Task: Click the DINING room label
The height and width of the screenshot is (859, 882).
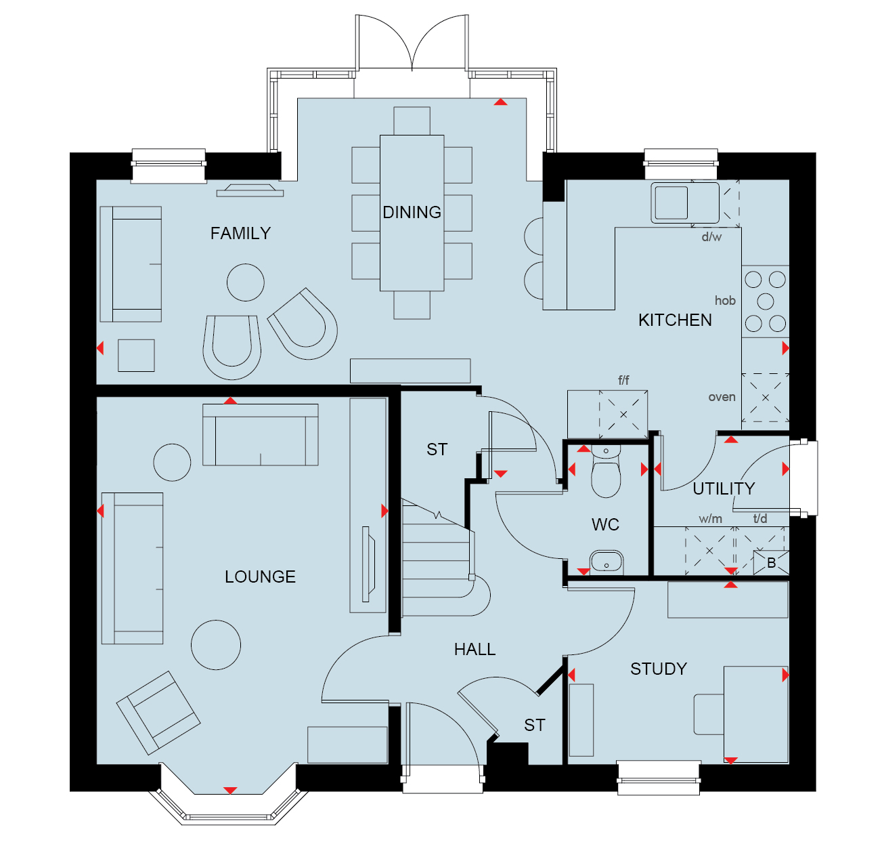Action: click(x=412, y=212)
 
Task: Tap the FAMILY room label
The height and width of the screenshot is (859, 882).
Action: click(x=240, y=233)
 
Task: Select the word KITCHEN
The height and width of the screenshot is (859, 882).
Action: click(x=675, y=320)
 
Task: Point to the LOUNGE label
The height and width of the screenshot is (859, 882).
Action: click(x=260, y=577)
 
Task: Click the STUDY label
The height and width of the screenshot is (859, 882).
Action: click(x=659, y=669)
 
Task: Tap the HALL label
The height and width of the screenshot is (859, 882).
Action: click(x=475, y=649)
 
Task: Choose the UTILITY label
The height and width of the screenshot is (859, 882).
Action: click(x=724, y=488)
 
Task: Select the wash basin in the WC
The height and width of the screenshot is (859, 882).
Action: click(x=606, y=563)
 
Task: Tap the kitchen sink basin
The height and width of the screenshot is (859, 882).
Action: click(x=671, y=203)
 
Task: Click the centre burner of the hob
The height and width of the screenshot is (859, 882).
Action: click(x=765, y=301)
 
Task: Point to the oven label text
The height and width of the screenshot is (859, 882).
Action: click(x=722, y=397)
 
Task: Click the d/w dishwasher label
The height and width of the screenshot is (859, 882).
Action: click(x=711, y=236)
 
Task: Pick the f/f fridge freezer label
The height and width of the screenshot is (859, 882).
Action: click(x=623, y=379)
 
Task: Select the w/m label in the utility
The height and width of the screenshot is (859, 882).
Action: click(x=710, y=518)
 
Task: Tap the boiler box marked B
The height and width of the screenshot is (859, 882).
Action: click(x=771, y=562)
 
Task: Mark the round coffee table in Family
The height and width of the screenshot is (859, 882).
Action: click(x=245, y=282)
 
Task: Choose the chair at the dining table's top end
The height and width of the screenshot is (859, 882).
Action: click(x=412, y=121)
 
